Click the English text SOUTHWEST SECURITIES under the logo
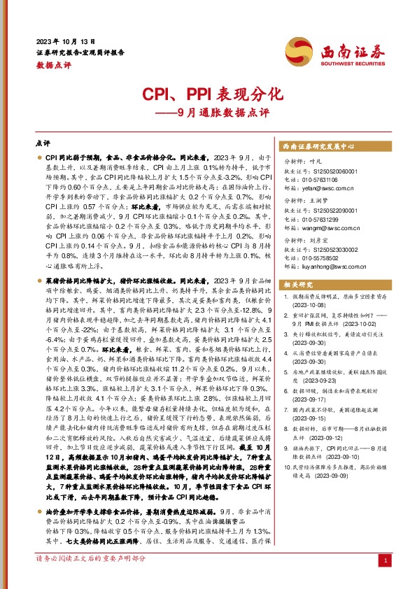tap(352, 62)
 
